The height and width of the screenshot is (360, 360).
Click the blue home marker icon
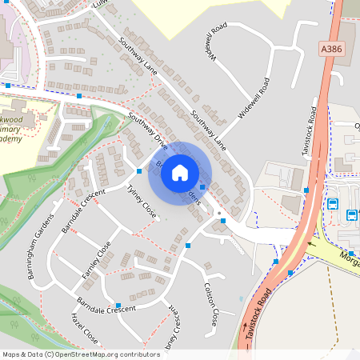click(x=180, y=171)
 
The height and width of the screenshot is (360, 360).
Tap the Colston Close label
click(x=211, y=303)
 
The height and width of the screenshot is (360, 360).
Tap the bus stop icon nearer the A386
click(x=333, y=204)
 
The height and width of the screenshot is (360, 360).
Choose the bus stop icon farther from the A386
click(x=352, y=214)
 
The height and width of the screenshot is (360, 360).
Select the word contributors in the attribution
click(x=137, y=354)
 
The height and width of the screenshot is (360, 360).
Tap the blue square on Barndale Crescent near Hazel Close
click(x=118, y=305)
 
